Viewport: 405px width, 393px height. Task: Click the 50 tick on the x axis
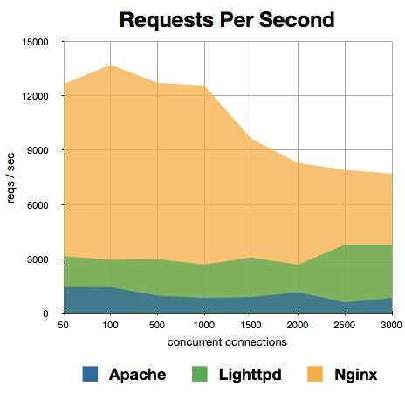[63, 325]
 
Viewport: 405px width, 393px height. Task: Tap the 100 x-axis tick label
[110, 325]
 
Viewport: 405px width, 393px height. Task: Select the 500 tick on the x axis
[157, 325]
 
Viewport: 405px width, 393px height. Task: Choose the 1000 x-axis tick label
[204, 325]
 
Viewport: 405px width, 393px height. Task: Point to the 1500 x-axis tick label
[251, 325]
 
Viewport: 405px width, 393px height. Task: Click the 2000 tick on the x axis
[298, 325]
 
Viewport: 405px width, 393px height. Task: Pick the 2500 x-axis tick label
[345, 325]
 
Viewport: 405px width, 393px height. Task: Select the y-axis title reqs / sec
[10, 177]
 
